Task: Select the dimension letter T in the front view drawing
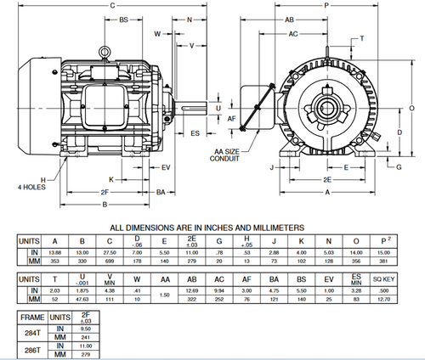coord(362,39)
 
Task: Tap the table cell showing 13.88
coord(54,253)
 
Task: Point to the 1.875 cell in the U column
coord(82,290)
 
